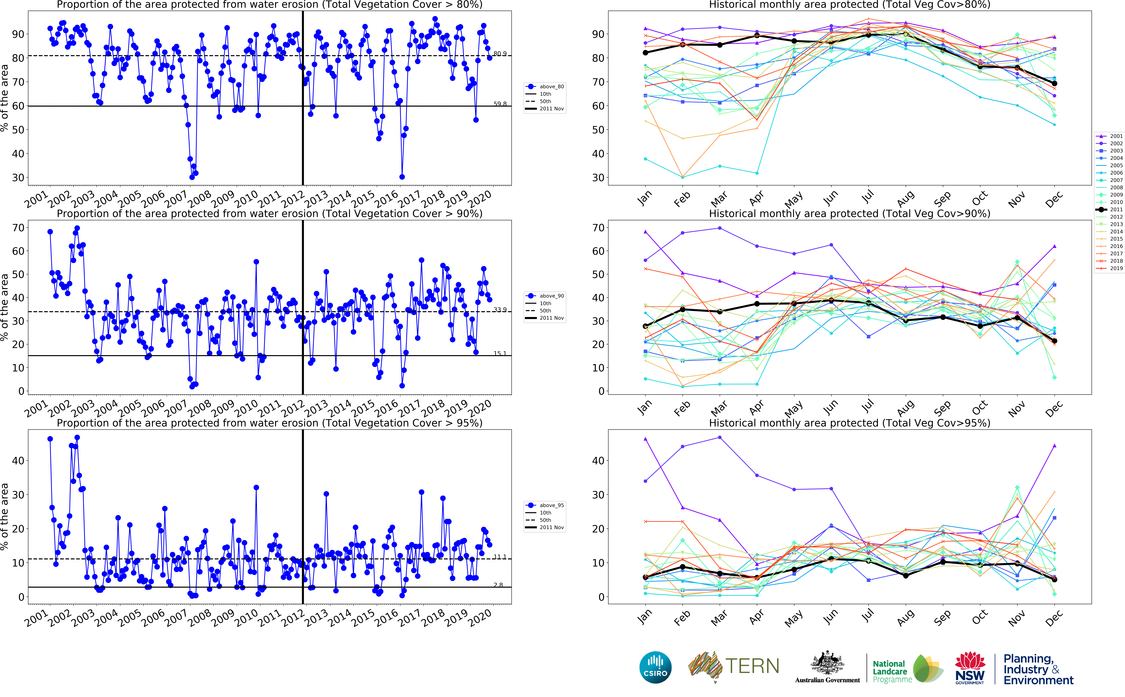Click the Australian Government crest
click(827, 664)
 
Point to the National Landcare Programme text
click(892, 671)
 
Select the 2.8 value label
click(498, 585)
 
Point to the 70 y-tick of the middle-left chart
click(18, 228)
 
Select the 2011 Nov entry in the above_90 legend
click(551, 318)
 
